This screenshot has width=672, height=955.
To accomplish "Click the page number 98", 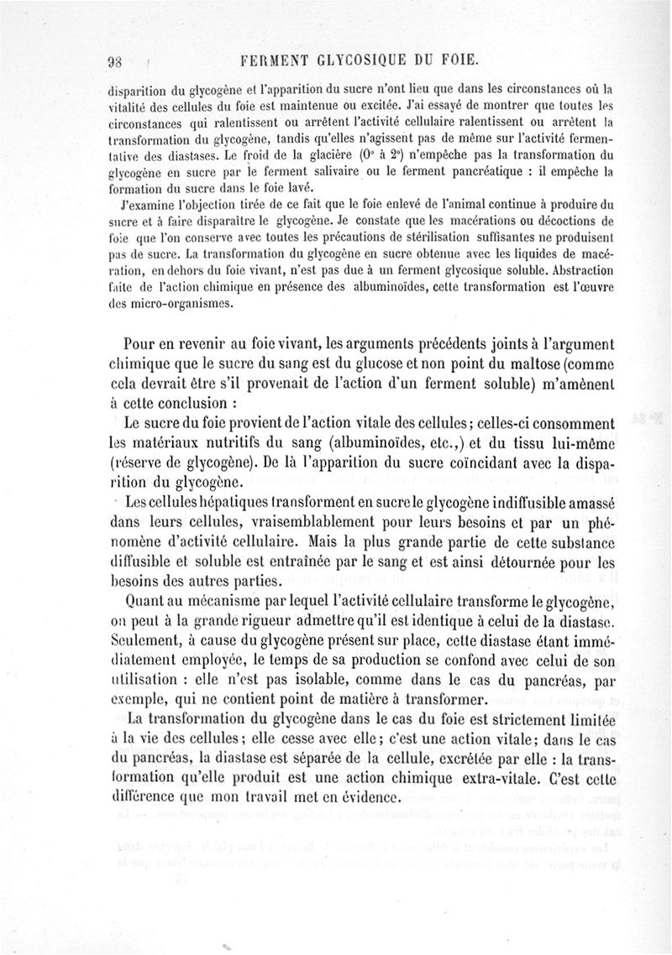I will pos(116,61).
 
